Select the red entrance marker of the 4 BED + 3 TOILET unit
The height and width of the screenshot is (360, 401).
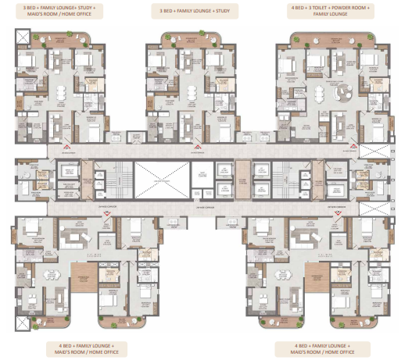(351, 147)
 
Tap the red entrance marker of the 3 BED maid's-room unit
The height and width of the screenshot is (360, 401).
(66, 147)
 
